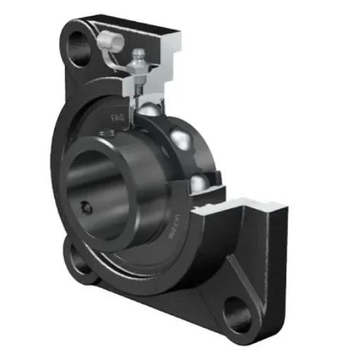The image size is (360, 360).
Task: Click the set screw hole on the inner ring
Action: pyautogui.click(x=86, y=207)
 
